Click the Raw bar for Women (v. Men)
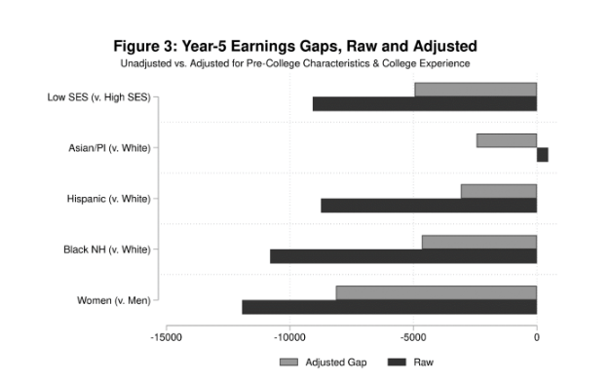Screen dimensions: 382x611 pos(390,307)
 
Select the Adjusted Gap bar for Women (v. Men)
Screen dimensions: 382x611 pos(436,292)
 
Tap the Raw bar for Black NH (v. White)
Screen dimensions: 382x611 pos(403,256)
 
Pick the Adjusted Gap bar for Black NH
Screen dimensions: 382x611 pos(478,242)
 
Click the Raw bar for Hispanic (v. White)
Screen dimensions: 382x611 pos(429,206)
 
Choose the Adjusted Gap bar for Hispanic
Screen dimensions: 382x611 pos(498,191)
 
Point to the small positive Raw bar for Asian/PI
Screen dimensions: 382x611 pos(542,155)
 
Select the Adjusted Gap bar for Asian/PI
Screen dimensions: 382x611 pos(507,140)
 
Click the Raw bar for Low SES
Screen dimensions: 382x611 pos(425,104)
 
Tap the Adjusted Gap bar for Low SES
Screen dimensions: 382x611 pos(476,90)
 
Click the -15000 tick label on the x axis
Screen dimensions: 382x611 pos(166,337)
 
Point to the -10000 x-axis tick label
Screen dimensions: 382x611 pos(289,337)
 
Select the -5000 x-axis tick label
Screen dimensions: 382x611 pos(413,337)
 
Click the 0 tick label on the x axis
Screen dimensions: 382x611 pos(537,337)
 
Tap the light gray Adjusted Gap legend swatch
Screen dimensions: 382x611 pos(289,363)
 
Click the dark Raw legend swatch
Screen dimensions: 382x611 pos(398,363)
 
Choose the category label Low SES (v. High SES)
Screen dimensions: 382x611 pos(98,97)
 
